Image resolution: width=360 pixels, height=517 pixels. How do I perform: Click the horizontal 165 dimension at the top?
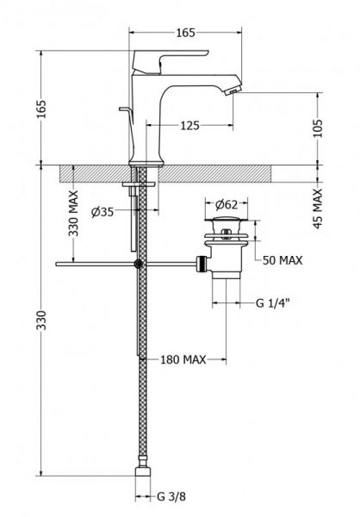[186, 33]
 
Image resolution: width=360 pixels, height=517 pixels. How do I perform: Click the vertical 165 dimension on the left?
[42, 109]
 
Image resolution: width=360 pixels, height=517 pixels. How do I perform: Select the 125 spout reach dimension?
[189, 125]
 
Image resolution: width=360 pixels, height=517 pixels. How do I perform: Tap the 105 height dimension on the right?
[318, 128]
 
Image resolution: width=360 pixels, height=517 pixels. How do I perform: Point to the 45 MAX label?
[318, 209]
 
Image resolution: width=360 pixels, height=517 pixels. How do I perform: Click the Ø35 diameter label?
[102, 212]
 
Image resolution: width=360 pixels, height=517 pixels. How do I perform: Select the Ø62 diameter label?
[227, 205]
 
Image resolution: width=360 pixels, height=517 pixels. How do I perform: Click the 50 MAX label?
[282, 260]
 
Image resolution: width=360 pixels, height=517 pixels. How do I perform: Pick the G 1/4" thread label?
[273, 302]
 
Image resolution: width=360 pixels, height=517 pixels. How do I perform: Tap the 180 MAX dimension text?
[183, 359]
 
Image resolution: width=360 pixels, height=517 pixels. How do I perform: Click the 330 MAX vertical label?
[73, 213]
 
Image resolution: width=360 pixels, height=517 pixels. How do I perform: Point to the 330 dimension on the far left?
[42, 320]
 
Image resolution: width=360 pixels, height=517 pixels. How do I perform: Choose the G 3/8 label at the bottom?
[171, 496]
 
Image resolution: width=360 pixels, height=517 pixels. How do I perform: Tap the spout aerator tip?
[233, 90]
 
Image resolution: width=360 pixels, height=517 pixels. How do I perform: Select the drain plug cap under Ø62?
[226, 219]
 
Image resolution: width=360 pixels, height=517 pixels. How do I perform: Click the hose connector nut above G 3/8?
[143, 470]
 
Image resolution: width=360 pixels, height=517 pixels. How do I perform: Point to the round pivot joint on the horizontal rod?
[139, 264]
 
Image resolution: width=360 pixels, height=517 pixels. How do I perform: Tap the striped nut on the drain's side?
[202, 264]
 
